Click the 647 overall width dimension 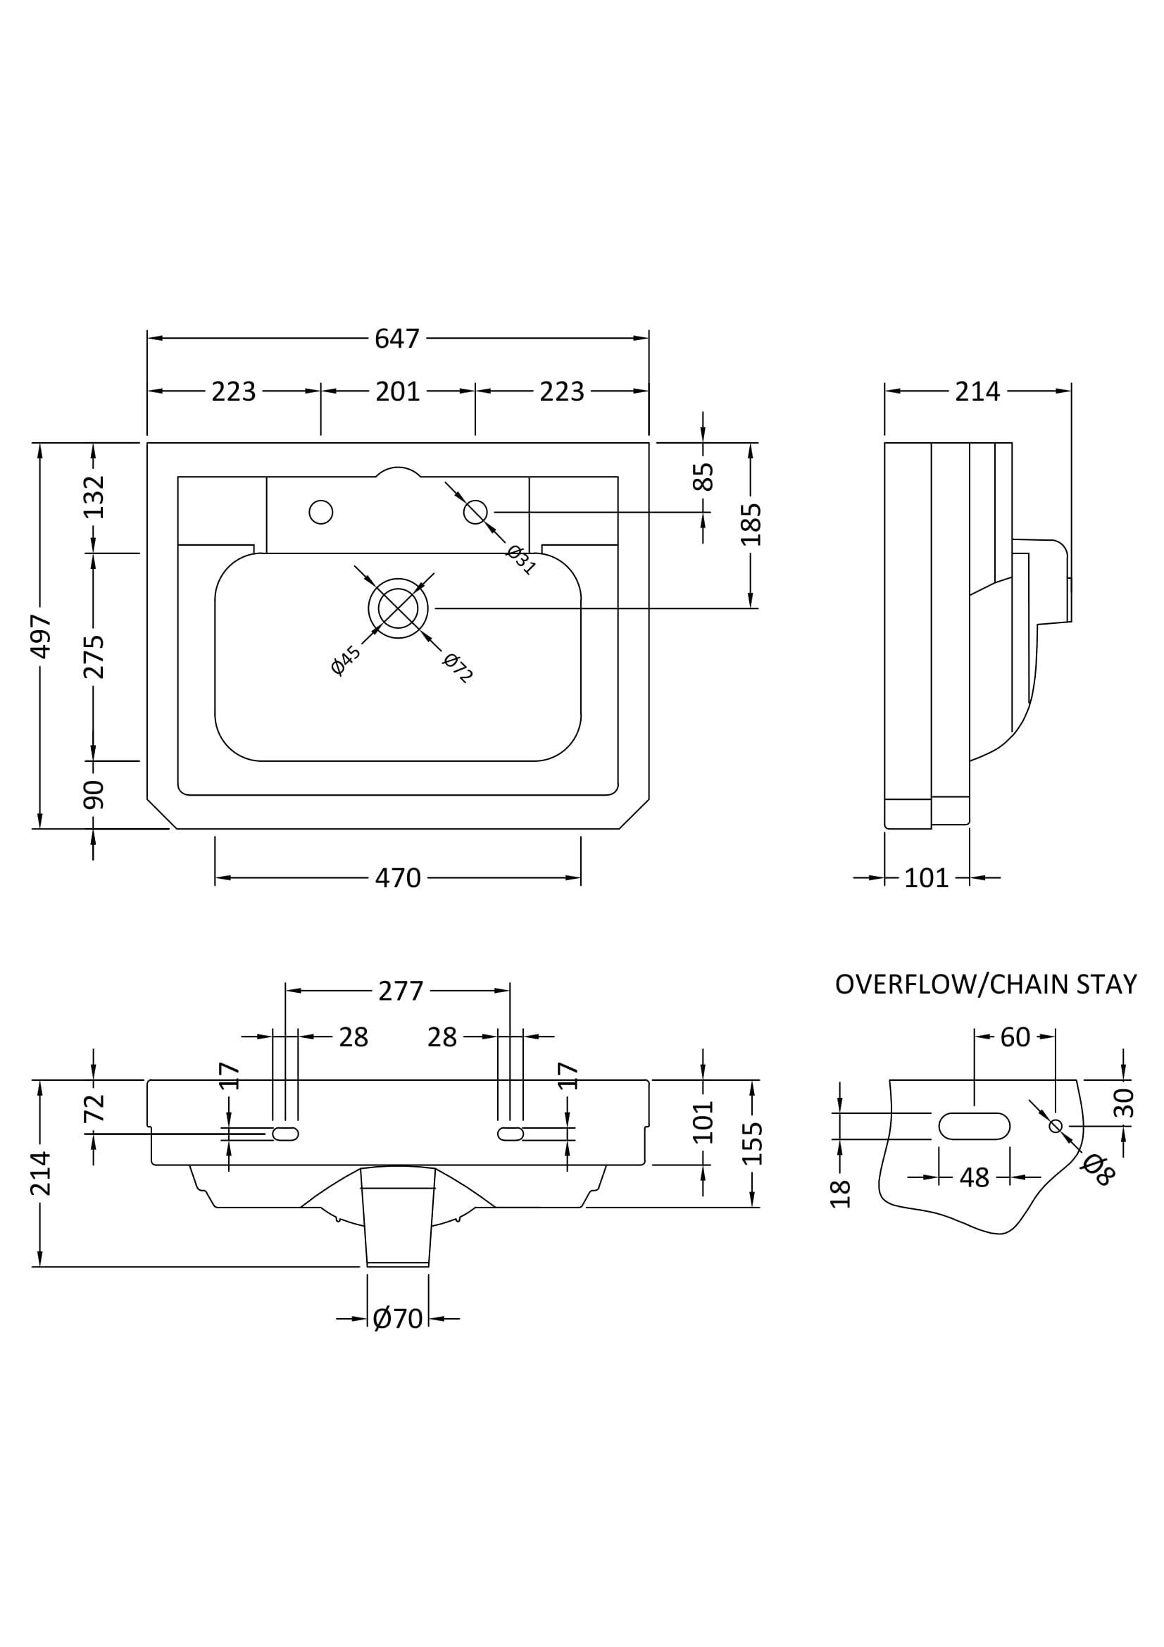click(x=396, y=338)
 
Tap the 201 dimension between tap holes click(x=397, y=392)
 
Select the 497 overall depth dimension click(x=40, y=636)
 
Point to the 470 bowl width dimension click(x=397, y=878)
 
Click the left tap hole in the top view click(x=320, y=512)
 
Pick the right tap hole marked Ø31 click(x=475, y=512)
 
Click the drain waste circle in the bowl click(x=398, y=608)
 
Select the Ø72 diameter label click(x=458, y=668)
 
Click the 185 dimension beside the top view click(x=751, y=525)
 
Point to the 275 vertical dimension click(x=93, y=656)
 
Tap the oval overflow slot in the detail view click(x=974, y=1126)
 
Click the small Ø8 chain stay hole click(x=1055, y=1126)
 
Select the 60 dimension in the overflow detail click(x=1014, y=1037)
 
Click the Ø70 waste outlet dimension click(x=397, y=1318)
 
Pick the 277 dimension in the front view click(x=401, y=991)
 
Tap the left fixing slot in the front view click(x=285, y=1134)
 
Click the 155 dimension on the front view click(x=751, y=1144)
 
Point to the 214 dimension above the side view click(x=977, y=392)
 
